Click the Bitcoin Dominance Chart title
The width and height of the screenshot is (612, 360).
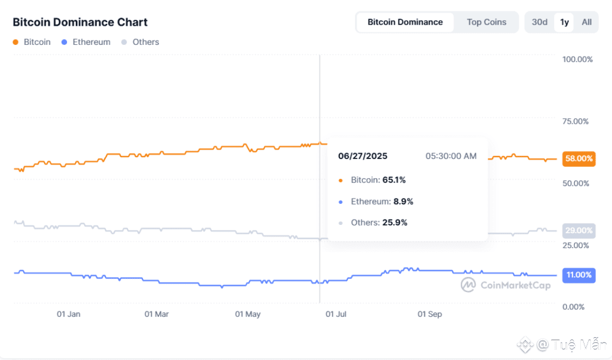click(80, 22)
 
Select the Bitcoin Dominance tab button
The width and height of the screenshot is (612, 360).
click(405, 22)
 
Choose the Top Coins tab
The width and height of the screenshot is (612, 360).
click(486, 22)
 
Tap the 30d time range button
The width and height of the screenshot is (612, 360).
click(540, 22)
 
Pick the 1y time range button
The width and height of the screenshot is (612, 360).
click(564, 22)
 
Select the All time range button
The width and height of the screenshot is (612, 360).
click(587, 22)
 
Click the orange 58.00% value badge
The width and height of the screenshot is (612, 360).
click(579, 159)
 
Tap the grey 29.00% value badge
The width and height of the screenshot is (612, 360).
click(579, 230)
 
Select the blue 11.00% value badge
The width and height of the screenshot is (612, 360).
click(579, 275)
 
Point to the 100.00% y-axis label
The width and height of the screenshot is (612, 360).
click(577, 59)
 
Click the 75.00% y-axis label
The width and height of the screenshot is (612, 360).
click(576, 121)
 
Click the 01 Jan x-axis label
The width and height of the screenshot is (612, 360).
click(69, 314)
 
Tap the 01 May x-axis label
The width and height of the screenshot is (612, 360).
click(247, 314)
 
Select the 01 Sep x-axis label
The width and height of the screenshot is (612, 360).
click(430, 314)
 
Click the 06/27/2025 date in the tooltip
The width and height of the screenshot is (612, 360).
click(363, 156)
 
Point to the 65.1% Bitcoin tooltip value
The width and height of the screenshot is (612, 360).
click(394, 179)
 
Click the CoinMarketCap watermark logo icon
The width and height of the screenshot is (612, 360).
click(468, 285)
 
